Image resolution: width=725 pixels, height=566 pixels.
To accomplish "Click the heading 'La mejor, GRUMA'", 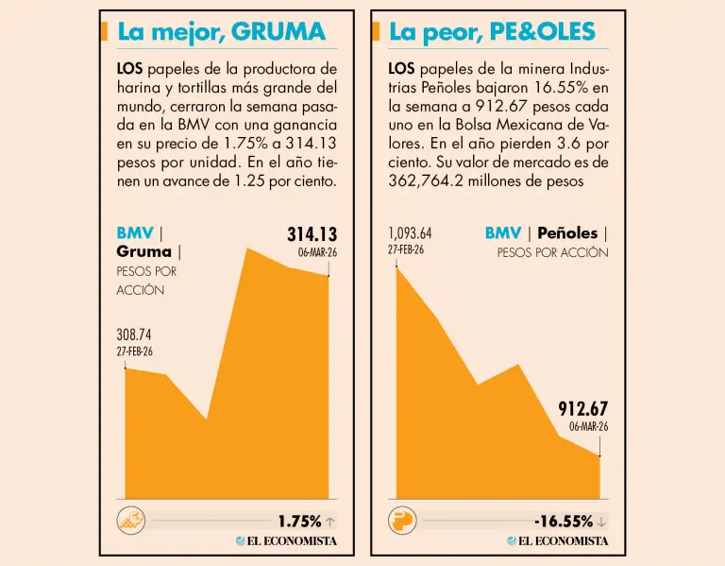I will pyautogui.click(x=221, y=32).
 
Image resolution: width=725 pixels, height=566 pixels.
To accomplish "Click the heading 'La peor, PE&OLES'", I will pyautogui.click(x=492, y=32).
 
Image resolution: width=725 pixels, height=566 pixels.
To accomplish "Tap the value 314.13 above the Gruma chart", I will pyautogui.click(x=312, y=234).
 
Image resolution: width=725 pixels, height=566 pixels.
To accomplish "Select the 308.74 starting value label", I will pyautogui.click(x=134, y=334).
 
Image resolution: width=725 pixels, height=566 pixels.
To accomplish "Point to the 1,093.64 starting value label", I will pyautogui.click(x=410, y=233).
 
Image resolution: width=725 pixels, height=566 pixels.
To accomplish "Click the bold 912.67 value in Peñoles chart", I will pyautogui.click(x=582, y=409).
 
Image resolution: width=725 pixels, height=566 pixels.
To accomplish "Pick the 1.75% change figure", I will pyautogui.click(x=299, y=521).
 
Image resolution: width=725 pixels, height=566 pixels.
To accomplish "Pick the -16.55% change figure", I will pyautogui.click(x=563, y=521).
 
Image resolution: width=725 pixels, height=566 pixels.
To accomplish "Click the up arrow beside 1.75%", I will pyautogui.click(x=329, y=521).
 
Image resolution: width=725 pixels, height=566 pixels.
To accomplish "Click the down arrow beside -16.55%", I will pyautogui.click(x=601, y=521).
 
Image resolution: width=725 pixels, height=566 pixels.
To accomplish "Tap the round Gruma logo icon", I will pyautogui.click(x=130, y=521).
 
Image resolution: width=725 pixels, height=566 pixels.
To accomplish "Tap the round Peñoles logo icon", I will pyautogui.click(x=402, y=521).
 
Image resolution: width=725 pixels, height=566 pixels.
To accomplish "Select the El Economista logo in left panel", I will pyautogui.click(x=286, y=541).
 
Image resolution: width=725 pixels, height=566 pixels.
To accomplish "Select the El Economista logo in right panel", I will pyautogui.click(x=558, y=541).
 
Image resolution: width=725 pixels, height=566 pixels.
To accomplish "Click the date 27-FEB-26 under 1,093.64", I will pyautogui.click(x=406, y=249).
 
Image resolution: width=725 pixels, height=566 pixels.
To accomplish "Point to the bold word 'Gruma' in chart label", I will pyautogui.click(x=143, y=251).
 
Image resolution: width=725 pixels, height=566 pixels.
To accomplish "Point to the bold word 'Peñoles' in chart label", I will pyautogui.click(x=567, y=232).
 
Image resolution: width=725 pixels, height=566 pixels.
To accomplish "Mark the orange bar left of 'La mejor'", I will pyautogui.click(x=104, y=32).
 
